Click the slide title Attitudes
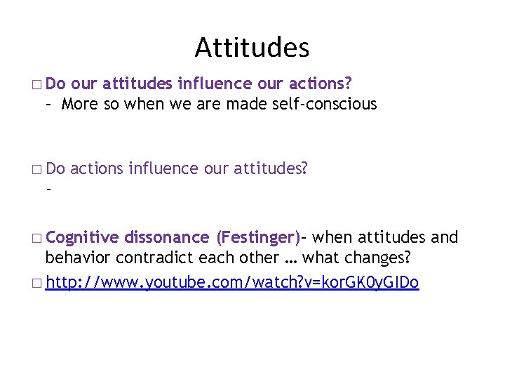click(252, 48)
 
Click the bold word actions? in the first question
click(316, 84)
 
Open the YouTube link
click(232, 283)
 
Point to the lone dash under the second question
click(48, 189)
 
